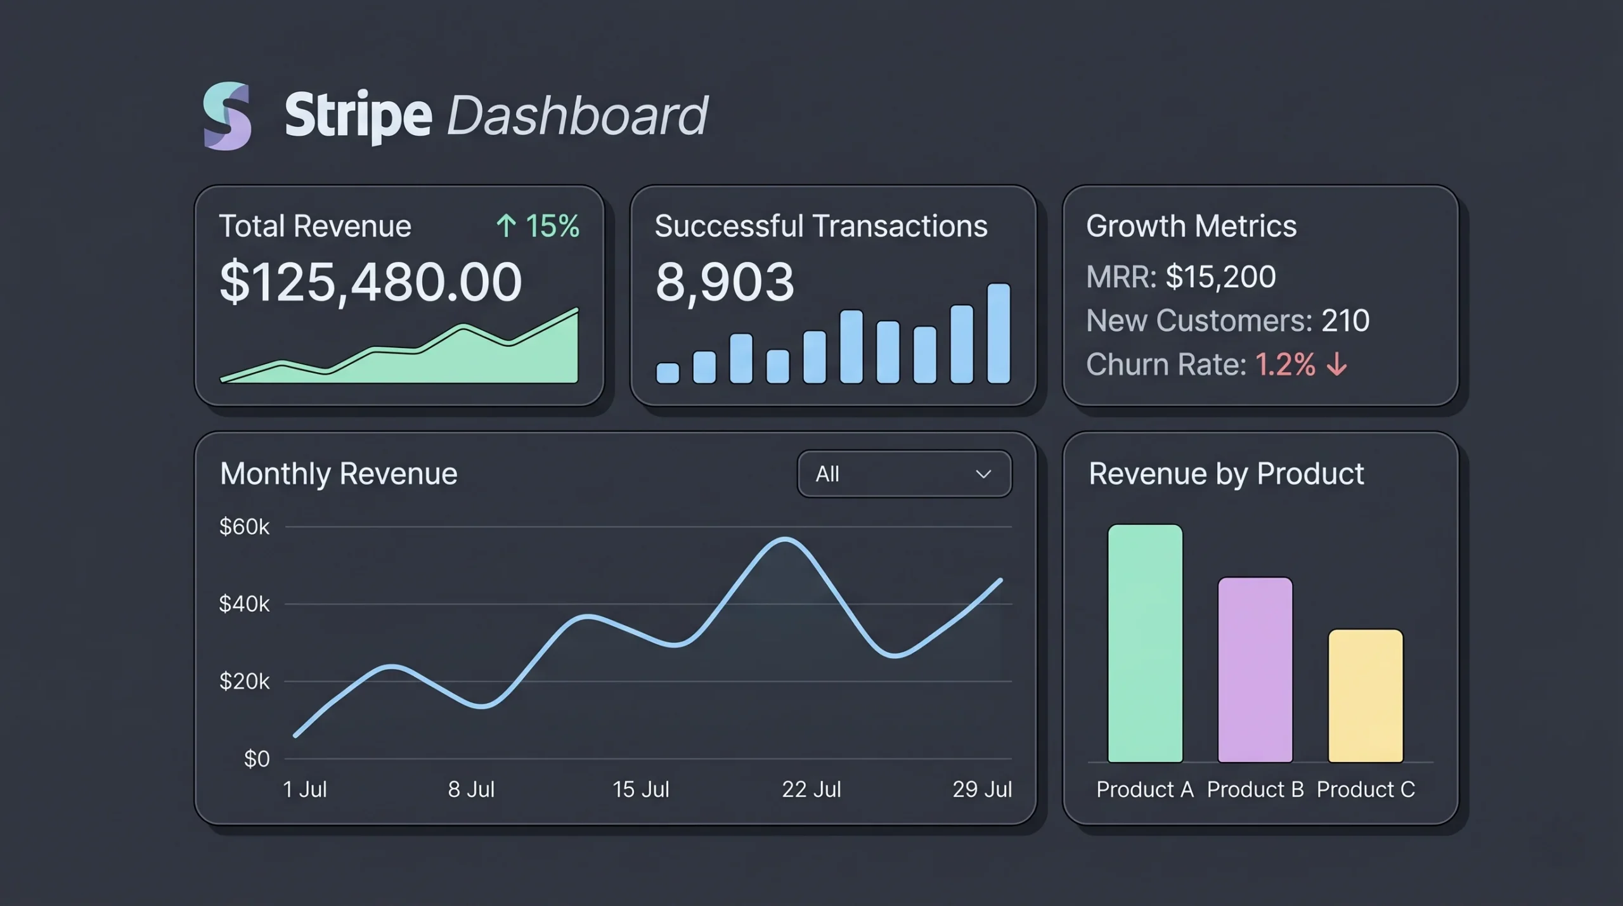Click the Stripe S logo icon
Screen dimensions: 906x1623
tap(227, 116)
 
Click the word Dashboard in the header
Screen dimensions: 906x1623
tap(577, 116)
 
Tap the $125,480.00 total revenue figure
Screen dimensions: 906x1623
tap(370, 282)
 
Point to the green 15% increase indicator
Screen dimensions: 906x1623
tap(538, 226)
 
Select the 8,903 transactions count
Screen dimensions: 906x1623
tap(724, 282)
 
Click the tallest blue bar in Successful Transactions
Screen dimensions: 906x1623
tap(999, 333)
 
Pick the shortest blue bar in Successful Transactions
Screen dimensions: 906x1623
tap(667, 373)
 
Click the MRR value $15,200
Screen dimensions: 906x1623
tap(1220, 277)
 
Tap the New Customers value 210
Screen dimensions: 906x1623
tap(1345, 321)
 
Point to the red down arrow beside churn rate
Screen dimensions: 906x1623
tap(1337, 365)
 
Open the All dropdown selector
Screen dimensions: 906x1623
tap(904, 474)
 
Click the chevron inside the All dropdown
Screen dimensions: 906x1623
tap(983, 474)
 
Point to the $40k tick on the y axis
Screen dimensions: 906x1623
tap(244, 604)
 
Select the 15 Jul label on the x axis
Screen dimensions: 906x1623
tap(640, 789)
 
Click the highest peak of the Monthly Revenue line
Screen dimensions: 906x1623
tap(786, 540)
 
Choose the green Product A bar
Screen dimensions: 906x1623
tap(1145, 644)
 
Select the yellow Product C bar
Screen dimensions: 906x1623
tap(1365, 696)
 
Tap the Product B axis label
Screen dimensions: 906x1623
tap(1255, 789)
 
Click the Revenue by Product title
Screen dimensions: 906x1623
tap(1225, 474)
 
